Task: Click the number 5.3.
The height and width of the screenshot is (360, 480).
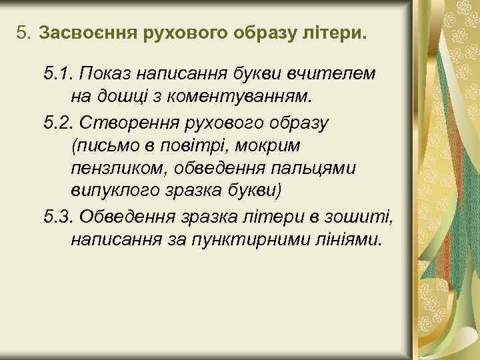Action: point(59,215)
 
